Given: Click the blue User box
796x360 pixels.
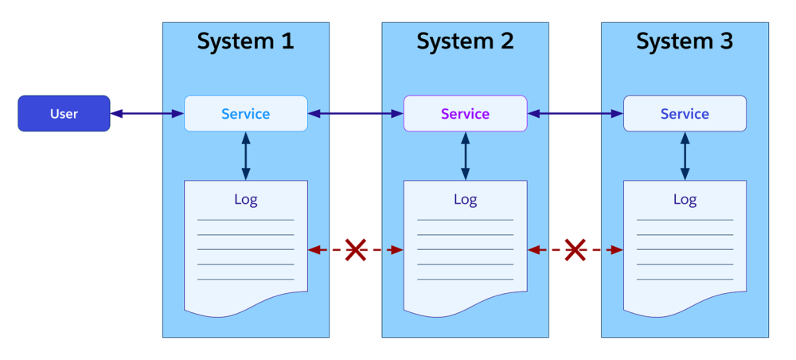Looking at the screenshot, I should click(x=64, y=113).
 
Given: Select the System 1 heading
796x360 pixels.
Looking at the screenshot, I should click(x=245, y=41).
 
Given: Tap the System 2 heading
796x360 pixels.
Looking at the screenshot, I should click(x=465, y=41).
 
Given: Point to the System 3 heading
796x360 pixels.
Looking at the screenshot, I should click(x=685, y=41).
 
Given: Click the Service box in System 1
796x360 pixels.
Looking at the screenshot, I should click(x=245, y=113).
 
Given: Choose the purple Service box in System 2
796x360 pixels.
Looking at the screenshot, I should click(x=465, y=113).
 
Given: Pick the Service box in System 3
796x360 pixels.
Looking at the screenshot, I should click(x=685, y=113).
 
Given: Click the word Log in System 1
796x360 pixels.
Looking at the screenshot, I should click(x=245, y=199).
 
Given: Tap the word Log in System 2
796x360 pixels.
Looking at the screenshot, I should click(x=465, y=199).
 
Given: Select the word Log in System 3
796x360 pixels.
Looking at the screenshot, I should click(x=685, y=199).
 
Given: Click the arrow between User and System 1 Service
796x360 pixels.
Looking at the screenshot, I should click(x=147, y=114).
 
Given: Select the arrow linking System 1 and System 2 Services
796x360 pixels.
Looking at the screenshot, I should click(x=355, y=114).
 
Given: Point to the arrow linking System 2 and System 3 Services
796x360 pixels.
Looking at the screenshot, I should click(x=575, y=114).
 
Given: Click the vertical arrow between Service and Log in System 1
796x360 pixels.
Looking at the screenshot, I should click(x=245, y=156).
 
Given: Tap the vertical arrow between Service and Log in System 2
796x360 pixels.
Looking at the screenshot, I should click(x=465, y=156).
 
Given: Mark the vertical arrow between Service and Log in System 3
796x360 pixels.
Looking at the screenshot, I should click(x=685, y=156).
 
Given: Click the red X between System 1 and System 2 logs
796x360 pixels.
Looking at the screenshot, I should click(x=355, y=250).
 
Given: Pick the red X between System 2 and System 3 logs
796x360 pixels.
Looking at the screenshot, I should click(x=575, y=250).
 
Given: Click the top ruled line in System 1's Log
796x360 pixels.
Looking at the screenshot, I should click(x=245, y=220).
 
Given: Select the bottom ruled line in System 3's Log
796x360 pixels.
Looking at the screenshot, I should click(x=685, y=280).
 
